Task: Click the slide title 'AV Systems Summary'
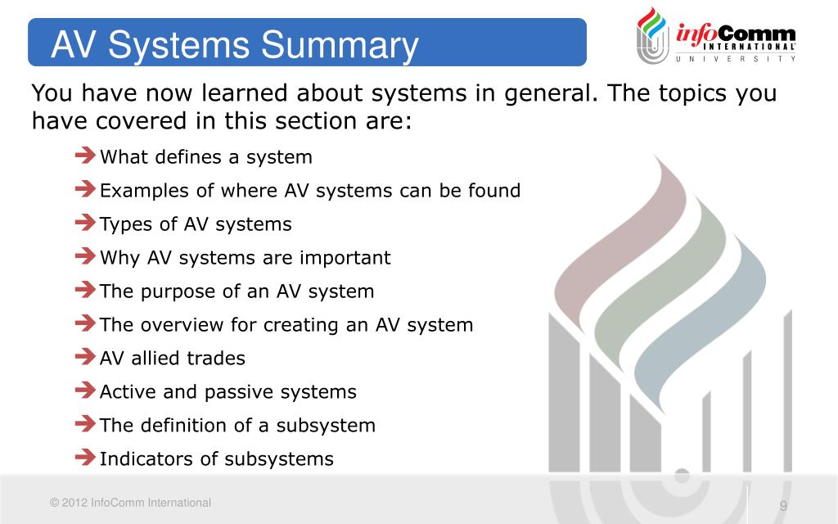234,46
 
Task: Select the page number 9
783,505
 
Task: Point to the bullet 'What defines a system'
205,156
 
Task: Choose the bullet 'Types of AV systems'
195,224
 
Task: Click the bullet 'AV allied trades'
172,358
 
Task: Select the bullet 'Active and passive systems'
228,391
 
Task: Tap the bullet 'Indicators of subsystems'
216,458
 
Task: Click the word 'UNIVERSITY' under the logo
735,58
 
